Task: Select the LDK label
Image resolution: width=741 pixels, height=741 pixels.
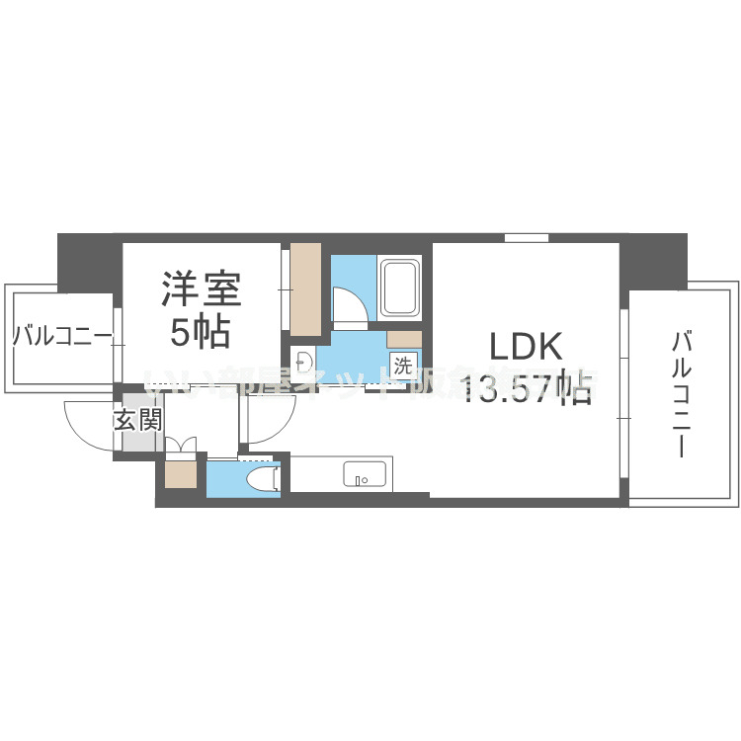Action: [x=527, y=348]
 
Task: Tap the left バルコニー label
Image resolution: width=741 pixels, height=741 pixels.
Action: [x=62, y=337]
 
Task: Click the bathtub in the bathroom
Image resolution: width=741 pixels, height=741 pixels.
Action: [x=400, y=288]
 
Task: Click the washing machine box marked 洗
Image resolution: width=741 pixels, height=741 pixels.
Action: [x=402, y=364]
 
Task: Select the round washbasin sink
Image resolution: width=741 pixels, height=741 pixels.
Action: [x=301, y=358]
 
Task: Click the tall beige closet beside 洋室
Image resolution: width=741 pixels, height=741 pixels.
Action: [x=305, y=288]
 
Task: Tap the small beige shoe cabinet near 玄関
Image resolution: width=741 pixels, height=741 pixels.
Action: [x=181, y=475]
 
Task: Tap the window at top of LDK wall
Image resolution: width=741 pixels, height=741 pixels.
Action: [x=526, y=237]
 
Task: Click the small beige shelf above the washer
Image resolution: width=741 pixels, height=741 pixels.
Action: [x=405, y=340]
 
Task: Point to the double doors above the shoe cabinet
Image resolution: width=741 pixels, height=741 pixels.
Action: [x=181, y=446]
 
